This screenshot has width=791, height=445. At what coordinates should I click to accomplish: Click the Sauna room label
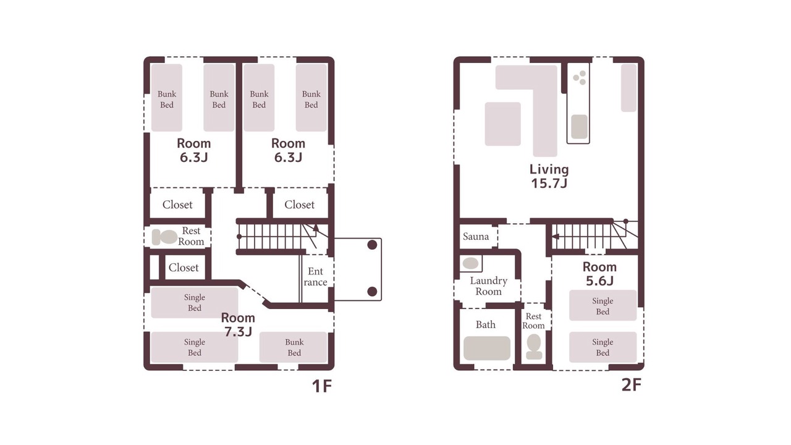476,236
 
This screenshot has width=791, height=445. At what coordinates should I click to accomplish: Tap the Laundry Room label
488,286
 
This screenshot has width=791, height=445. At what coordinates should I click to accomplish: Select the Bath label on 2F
486,324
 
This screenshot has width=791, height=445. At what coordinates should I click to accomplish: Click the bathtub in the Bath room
486,348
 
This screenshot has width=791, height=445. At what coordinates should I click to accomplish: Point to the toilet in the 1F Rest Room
164,237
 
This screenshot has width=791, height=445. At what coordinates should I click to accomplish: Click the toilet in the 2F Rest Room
533,347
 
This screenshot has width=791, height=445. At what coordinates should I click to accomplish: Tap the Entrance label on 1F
315,276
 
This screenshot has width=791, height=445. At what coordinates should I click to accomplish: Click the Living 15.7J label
549,176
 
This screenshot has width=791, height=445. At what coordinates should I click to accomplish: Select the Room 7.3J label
238,324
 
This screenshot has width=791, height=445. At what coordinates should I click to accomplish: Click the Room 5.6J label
599,274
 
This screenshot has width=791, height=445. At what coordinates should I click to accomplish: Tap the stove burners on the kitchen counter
580,78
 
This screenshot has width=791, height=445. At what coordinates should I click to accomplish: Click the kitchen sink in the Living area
579,127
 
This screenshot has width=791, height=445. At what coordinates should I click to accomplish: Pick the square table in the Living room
502,124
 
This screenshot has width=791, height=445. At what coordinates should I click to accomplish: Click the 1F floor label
322,386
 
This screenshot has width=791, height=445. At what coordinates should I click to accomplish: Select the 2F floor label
631,385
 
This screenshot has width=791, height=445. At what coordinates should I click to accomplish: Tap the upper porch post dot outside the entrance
372,245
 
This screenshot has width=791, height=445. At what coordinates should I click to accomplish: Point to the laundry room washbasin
470,263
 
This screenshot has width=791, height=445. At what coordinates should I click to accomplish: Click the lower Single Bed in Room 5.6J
603,347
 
